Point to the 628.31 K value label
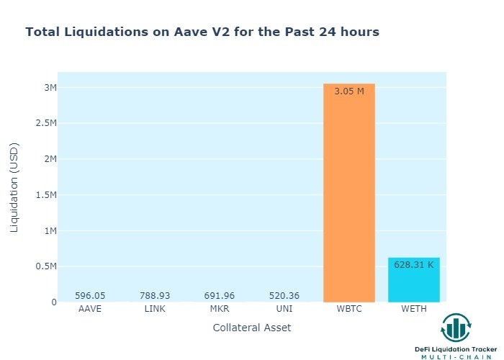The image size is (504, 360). [413, 265]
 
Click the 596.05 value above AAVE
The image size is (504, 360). [90, 295]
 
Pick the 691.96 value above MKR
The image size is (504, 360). [220, 295]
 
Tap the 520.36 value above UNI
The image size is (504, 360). [284, 295]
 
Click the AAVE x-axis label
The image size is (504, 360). [90, 309]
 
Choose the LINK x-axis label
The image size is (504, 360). [155, 309]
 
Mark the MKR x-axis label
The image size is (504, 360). [220, 309]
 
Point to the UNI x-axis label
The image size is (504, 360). [284, 309]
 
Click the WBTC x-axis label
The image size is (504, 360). [349, 309]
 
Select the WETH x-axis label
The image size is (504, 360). [413, 309]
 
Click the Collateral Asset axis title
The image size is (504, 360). [252, 328]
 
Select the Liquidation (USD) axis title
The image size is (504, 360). [14, 186]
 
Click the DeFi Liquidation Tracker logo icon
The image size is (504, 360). [455, 328]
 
